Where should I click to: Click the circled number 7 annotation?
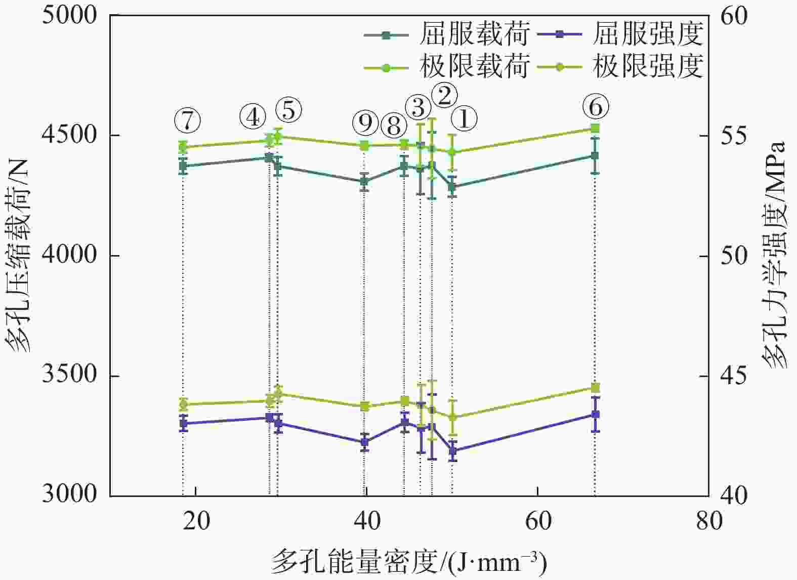[x=188, y=120]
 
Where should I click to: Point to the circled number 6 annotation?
[x=595, y=107]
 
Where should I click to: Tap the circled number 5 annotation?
[x=288, y=109]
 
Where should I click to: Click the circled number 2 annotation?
[x=444, y=95]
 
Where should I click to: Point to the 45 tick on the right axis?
[x=733, y=376]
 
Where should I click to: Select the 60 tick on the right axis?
[x=733, y=15]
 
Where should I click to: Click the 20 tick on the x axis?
[x=196, y=521]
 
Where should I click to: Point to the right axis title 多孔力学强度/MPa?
[x=774, y=256]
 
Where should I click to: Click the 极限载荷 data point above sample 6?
[x=595, y=128]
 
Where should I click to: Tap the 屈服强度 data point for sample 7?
[x=183, y=423]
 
